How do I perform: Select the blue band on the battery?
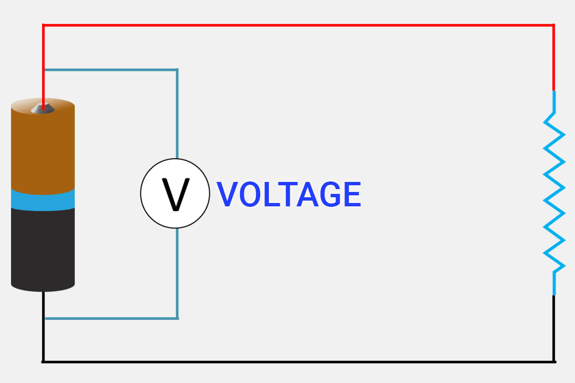click(43, 199)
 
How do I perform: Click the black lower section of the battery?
click(43, 249)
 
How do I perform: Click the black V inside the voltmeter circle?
click(175, 194)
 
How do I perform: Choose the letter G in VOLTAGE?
click(325, 194)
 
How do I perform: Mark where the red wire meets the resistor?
click(554, 91)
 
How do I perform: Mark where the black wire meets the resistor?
click(554, 295)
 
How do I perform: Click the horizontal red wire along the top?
click(297, 24)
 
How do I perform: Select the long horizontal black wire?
click(297, 361)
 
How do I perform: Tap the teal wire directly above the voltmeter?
click(177, 115)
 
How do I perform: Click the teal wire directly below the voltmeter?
click(177, 273)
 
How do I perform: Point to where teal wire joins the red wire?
click(44, 70)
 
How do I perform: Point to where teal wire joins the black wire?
click(44, 318)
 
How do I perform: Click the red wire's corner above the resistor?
click(554, 25)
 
